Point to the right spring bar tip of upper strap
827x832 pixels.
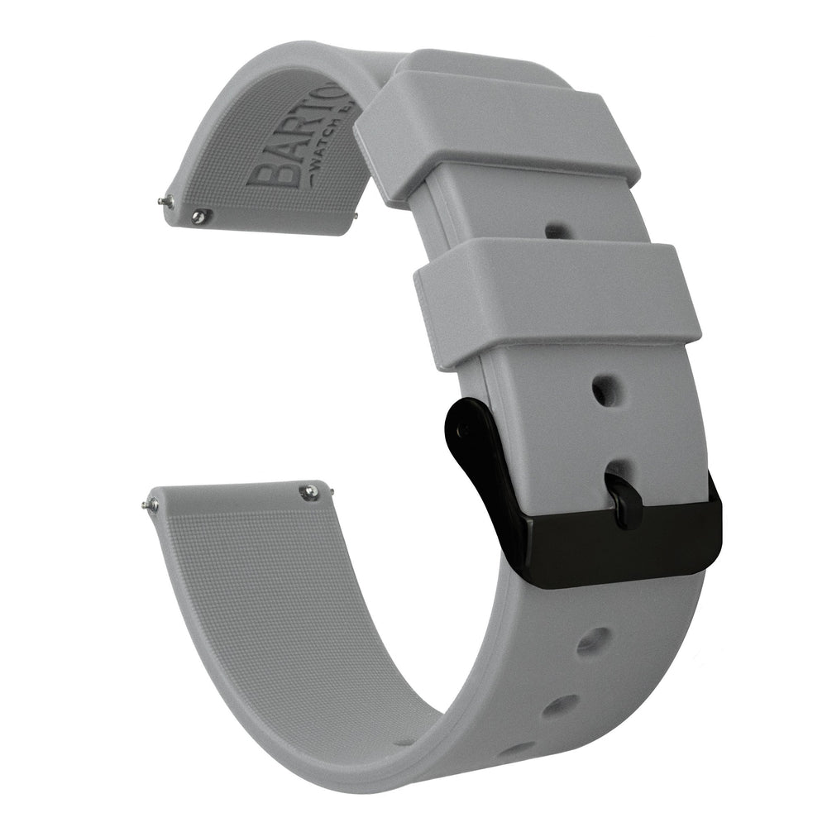[x=356, y=217]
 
